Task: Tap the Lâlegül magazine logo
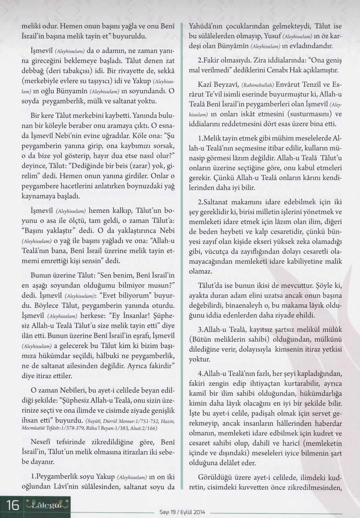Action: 47,505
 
